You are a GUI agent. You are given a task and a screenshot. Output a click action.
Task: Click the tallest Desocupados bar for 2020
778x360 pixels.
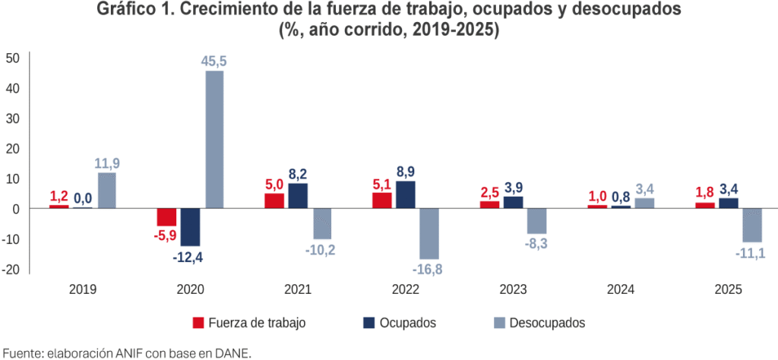coord(214,140)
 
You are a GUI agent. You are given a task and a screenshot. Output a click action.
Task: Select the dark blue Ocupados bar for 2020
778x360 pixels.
coord(190,226)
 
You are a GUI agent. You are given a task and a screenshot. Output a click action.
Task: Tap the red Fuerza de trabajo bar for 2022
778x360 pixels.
coord(383,201)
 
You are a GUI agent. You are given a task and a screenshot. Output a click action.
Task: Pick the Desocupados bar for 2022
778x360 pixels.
coord(429,233)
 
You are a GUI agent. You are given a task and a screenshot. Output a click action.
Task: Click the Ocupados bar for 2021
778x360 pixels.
coord(298,196)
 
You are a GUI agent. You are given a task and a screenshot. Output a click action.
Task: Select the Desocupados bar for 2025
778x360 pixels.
coord(752,225)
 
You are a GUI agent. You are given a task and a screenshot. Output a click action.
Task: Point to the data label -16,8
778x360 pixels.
coord(428,270)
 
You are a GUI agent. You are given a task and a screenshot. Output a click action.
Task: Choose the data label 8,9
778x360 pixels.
coord(406,171)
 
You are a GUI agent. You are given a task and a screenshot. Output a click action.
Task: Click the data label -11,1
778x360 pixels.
coord(750,253)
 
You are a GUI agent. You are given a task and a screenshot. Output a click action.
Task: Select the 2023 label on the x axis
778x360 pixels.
coord(513,289)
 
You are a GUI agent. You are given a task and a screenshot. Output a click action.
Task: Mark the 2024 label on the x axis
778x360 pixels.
coord(621,289)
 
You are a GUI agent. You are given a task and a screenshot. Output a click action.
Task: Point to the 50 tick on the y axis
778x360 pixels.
coord(13,58)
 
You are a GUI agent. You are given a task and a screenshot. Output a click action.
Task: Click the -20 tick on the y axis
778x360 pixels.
coord(11,269)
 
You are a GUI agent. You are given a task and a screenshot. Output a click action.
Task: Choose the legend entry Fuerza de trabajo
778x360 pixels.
coord(256,323)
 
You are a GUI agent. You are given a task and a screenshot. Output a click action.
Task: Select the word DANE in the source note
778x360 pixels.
coord(232,352)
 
